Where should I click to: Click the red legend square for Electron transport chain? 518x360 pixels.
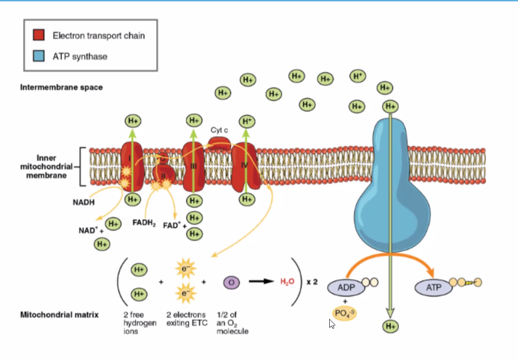point(39,35)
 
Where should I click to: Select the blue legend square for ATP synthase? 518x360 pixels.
point(39,56)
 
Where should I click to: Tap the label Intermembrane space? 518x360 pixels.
point(61,88)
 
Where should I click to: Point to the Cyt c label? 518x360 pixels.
point(220,130)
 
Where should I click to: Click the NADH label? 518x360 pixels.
point(82,203)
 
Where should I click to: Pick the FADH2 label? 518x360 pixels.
point(145,222)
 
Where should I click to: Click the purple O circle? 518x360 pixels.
point(231,281)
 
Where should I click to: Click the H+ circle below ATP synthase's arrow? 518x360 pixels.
point(392,326)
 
